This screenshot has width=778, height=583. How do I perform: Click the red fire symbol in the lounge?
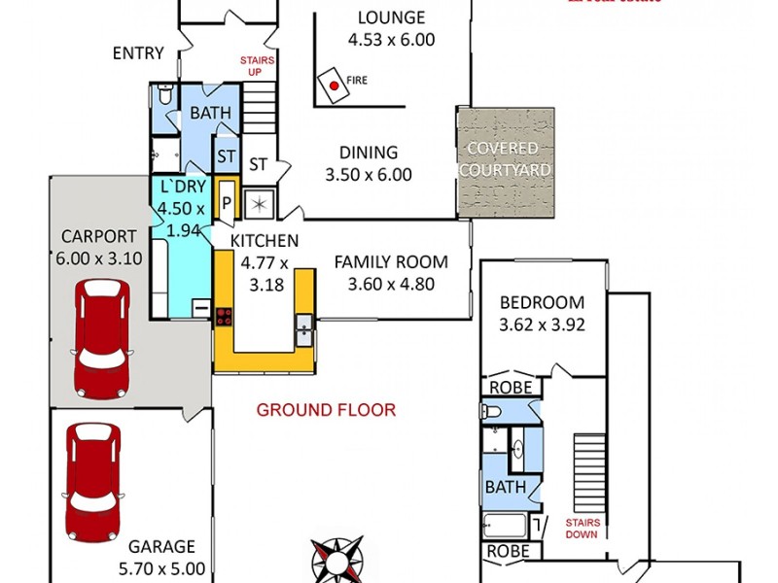click(334, 86)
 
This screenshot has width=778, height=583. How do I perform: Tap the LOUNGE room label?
click(391, 17)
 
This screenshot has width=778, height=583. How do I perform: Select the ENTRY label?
click(138, 53)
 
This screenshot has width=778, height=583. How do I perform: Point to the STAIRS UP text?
click(259, 66)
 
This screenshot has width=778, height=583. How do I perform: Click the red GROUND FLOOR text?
click(326, 410)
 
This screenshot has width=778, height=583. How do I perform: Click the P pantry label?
click(227, 202)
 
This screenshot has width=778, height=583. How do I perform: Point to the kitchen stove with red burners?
click(224, 315)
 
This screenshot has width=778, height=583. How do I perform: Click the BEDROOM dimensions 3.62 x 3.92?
click(542, 326)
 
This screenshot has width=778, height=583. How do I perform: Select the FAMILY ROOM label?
click(391, 261)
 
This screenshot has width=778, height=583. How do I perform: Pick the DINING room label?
click(369, 153)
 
